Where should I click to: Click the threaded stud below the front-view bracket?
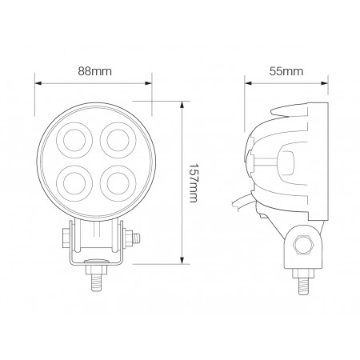96,282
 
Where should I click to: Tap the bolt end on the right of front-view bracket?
137,237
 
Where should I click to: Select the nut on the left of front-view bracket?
63,238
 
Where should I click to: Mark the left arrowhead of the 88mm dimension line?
37,81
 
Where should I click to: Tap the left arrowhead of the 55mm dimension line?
247,81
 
